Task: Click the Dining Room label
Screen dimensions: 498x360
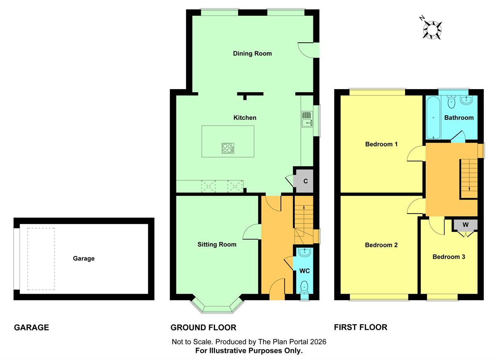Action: (x=252, y=54)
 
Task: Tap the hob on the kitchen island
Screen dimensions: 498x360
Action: (x=228, y=148)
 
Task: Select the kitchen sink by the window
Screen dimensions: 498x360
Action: (x=307, y=119)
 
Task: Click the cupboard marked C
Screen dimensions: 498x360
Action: (x=303, y=181)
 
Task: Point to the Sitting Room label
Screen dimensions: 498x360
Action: (x=217, y=244)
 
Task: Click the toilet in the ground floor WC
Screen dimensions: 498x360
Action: (x=304, y=287)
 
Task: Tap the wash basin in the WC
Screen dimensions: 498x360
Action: (x=303, y=252)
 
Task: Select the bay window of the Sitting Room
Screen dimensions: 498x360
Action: (x=217, y=306)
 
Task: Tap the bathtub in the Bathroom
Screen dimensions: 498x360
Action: (x=433, y=118)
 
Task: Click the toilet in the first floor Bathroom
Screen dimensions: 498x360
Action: (x=452, y=102)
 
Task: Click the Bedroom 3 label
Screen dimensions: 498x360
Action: (x=449, y=257)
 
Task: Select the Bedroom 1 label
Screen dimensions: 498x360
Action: (x=381, y=144)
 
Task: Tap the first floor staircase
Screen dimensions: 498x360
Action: (x=469, y=178)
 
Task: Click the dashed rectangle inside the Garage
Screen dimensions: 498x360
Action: (x=41, y=259)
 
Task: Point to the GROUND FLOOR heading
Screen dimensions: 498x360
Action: (x=203, y=328)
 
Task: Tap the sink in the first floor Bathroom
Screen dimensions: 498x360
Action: (x=466, y=100)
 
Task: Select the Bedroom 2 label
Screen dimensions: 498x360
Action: (x=381, y=245)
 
